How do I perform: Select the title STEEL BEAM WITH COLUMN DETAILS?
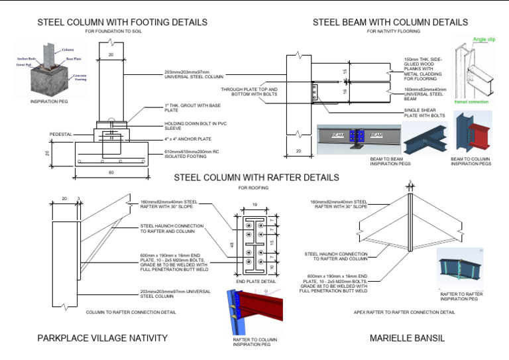(390, 23)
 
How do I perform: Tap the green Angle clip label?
(486, 40)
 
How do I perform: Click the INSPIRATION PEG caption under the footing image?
(50, 101)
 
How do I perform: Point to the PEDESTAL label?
(62, 135)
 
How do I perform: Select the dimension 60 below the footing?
(111, 172)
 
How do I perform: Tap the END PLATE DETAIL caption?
(256, 282)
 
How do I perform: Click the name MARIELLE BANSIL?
(408, 339)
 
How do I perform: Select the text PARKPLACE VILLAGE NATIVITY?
(103, 339)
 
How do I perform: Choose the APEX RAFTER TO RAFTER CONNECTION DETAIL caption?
(404, 312)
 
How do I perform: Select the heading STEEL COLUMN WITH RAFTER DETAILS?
(256, 178)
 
